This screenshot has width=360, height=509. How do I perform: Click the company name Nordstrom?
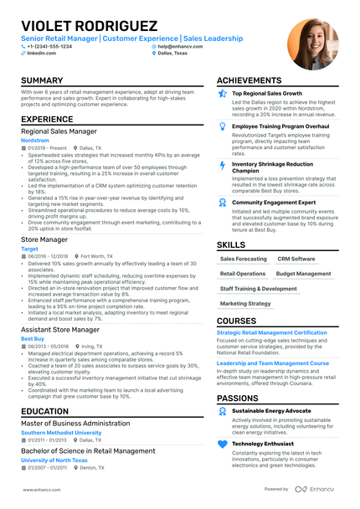pos(34,141)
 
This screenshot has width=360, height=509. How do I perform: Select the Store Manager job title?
pos(44,239)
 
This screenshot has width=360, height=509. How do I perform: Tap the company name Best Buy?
pos(33,337)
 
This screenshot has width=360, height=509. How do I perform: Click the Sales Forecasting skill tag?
pos(244,260)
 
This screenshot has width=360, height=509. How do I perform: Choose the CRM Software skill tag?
pos(296,260)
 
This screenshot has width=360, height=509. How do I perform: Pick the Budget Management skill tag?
pos(303,274)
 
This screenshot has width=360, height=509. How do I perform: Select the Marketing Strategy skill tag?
pos(245,304)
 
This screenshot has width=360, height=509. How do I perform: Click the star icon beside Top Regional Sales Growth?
pos(222,94)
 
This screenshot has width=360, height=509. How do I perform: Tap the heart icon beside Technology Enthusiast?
pos(222,443)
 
